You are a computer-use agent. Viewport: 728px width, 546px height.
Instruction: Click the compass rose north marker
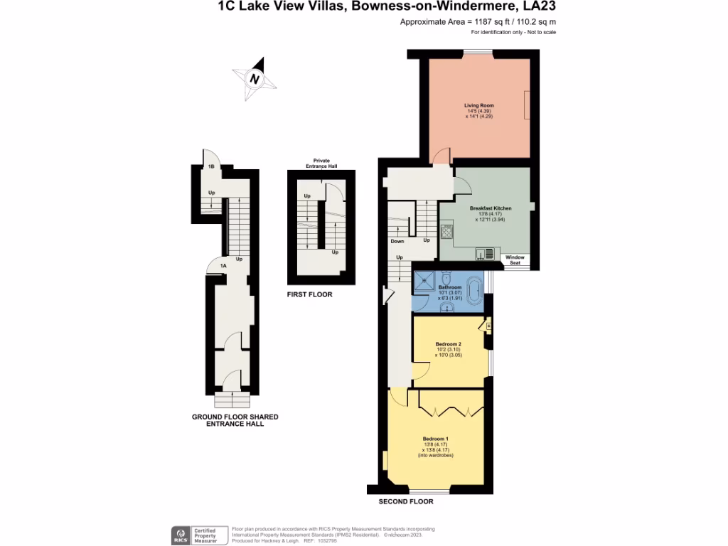click(x=254, y=79)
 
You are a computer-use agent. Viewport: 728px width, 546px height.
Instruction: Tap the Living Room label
click(x=479, y=105)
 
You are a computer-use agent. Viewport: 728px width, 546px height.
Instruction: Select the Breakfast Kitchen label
click(x=491, y=208)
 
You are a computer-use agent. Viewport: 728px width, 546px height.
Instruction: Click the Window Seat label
click(x=515, y=260)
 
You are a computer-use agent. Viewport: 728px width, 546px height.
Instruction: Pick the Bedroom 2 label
click(x=449, y=343)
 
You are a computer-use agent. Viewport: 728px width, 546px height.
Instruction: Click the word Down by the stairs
click(x=397, y=241)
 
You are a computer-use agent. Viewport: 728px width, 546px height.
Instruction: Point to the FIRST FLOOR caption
click(x=309, y=294)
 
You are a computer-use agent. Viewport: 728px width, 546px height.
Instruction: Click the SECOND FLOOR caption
click(x=405, y=501)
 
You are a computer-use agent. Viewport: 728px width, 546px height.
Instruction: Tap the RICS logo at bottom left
click(x=180, y=534)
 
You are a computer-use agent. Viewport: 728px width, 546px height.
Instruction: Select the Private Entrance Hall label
click(x=321, y=164)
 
